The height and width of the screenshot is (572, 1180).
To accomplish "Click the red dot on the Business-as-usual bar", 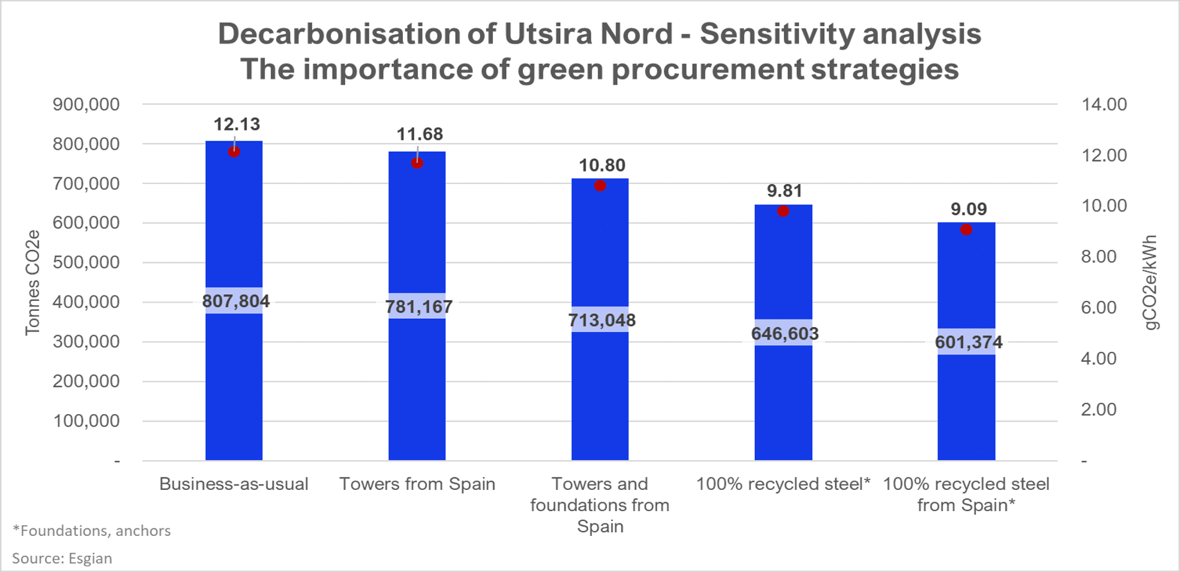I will (234, 152).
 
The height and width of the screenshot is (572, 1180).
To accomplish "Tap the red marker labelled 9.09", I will (966, 230).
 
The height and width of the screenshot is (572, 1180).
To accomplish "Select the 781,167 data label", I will (419, 307).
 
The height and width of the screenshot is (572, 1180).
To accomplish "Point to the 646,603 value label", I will (785, 334).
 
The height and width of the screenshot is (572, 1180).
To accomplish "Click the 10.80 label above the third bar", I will (602, 165).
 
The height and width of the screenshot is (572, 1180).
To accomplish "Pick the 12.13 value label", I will (237, 124).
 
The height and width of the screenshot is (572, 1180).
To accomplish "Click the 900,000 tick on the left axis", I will (86, 104).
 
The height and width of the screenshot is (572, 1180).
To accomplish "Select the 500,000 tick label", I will (86, 262).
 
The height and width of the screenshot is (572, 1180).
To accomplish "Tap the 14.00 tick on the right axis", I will (1104, 104).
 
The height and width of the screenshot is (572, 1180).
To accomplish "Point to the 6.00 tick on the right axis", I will (1099, 308).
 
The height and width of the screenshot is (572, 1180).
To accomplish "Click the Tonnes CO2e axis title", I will (32, 283).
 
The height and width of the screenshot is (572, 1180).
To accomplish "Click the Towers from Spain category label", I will (417, 484).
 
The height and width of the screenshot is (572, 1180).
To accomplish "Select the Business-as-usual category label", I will (234, 484).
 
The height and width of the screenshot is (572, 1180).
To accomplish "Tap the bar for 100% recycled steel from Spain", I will (966, 404).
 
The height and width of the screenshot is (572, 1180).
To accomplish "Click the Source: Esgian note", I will (62, 558).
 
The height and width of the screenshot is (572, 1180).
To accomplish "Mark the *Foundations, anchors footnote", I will (92, 530).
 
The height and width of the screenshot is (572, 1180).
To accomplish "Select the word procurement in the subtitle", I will (708, 69).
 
